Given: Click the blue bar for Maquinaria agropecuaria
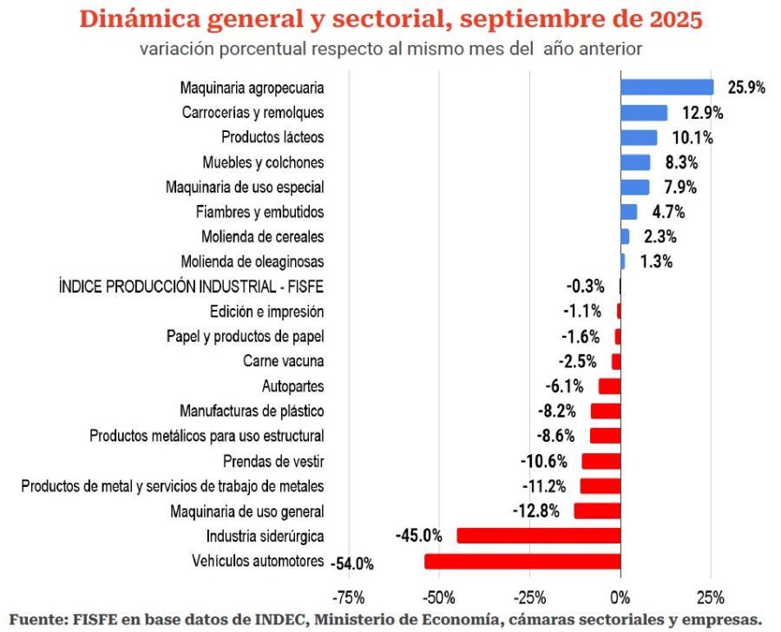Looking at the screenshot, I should [666, 88].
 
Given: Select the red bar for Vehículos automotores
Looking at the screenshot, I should [522, 562].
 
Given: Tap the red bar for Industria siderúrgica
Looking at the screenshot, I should [538, 536].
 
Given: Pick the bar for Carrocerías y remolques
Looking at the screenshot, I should [643, 113].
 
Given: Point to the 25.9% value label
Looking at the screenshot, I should [745, 89].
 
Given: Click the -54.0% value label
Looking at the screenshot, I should [352, 563].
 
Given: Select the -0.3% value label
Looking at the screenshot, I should [585, 286].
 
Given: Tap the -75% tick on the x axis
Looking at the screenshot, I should [349, 597].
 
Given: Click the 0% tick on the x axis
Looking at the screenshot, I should [620, 597].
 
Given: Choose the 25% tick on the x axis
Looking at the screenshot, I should [710, 597].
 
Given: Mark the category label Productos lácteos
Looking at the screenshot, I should [272, 137].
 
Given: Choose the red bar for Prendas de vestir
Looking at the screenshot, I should [600, 461].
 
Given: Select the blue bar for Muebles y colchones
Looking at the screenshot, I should [634, 162].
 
